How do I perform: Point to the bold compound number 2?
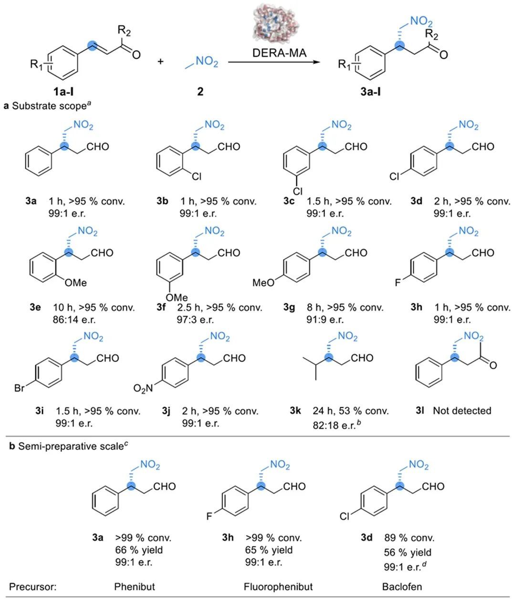(x=200, y=91)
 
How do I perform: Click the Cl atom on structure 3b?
(x=196, y=176)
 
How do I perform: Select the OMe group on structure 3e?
(x=75, y=283)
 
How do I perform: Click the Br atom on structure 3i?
(x=20, y=388)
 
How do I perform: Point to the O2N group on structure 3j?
(x=143, y=389)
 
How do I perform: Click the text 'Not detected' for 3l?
(x=461, y=411)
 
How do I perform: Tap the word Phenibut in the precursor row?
(x=135, y=587)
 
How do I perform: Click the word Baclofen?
(x=402, y=587)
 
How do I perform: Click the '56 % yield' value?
(x=408, y=552)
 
